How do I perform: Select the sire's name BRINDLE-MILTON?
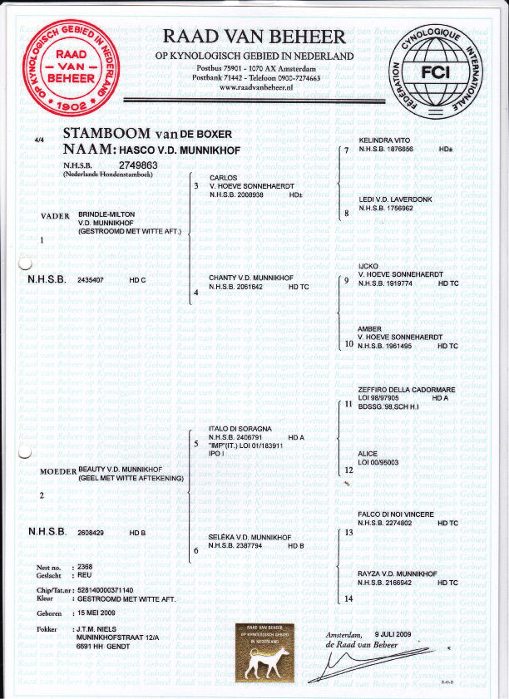[x=106, y=214]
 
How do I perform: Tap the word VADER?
[x=55, y=216]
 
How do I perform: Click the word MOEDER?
[x=57, y=471]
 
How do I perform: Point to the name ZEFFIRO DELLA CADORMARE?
[x=406, y=390]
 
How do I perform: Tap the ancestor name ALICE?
[x=367, y=454]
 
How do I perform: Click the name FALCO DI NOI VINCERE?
[x=395, y=514]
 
